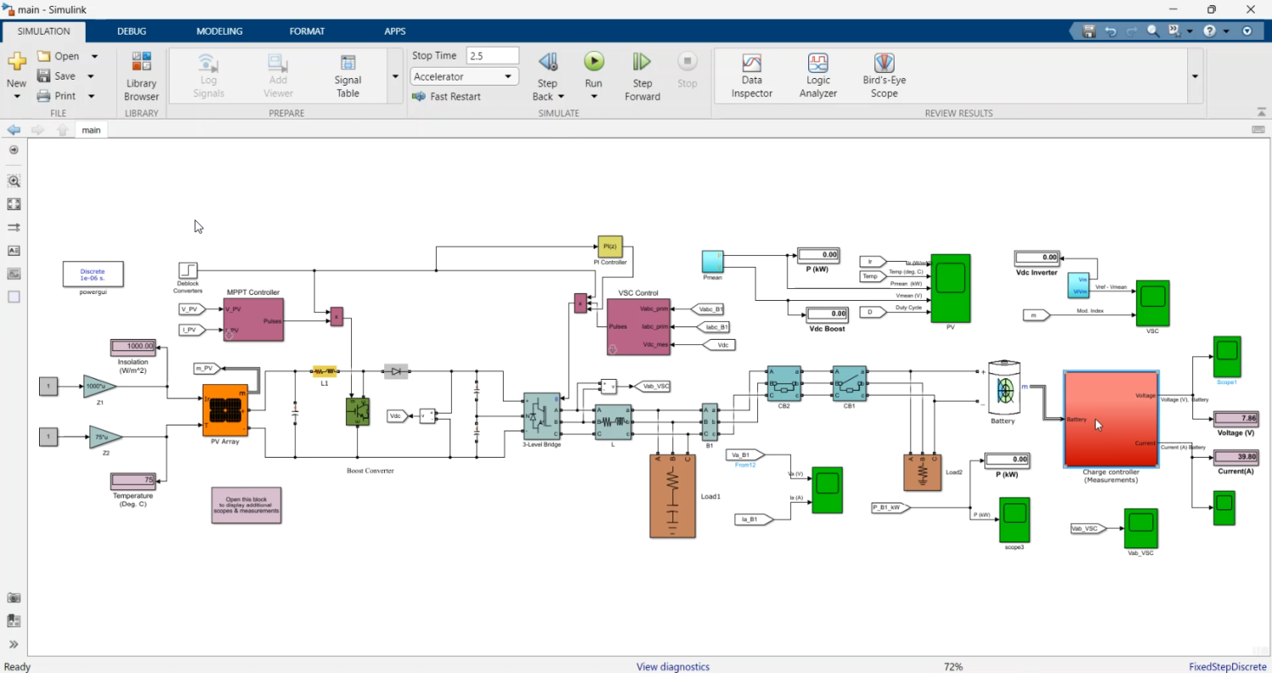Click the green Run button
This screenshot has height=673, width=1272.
pos(594,61)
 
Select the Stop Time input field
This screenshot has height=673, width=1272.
pos(492,55)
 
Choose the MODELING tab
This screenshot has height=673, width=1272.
pos(219,31)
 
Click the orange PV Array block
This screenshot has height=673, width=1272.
pos(225,410)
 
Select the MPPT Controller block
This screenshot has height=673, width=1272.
pos(253,320)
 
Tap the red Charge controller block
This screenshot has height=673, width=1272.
pos(1111,419)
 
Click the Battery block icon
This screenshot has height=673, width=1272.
pos(1005,389)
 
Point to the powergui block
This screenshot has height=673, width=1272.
pos(93,274)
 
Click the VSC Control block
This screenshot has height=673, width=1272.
pos(638,327)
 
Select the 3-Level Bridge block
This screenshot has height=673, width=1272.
pos(541,416)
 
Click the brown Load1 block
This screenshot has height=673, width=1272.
pos(672,496)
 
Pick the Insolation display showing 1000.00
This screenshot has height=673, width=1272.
pos(133,347)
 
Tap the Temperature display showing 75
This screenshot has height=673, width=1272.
pos(133,481)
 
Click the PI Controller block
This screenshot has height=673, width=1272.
pos(610,246)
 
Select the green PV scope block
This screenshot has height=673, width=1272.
pos(950,288)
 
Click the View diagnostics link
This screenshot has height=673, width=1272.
pos(672,666)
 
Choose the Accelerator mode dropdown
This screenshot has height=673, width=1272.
pos(464,76)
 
